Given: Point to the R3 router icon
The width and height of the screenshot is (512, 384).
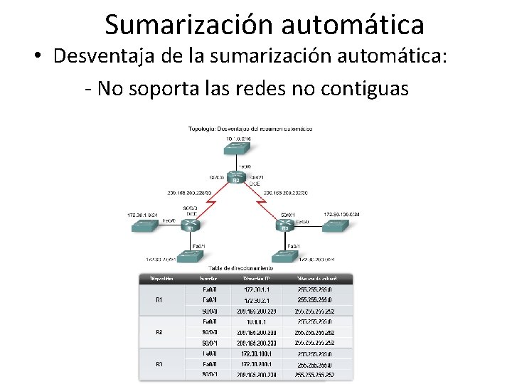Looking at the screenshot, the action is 285,225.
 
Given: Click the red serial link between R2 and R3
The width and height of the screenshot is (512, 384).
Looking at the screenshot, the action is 261,203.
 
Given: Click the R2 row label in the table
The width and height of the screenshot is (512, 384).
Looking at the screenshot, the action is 159,332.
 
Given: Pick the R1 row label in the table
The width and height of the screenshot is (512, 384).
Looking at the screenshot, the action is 159,300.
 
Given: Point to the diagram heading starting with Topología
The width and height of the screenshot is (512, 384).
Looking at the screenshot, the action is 240,129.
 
